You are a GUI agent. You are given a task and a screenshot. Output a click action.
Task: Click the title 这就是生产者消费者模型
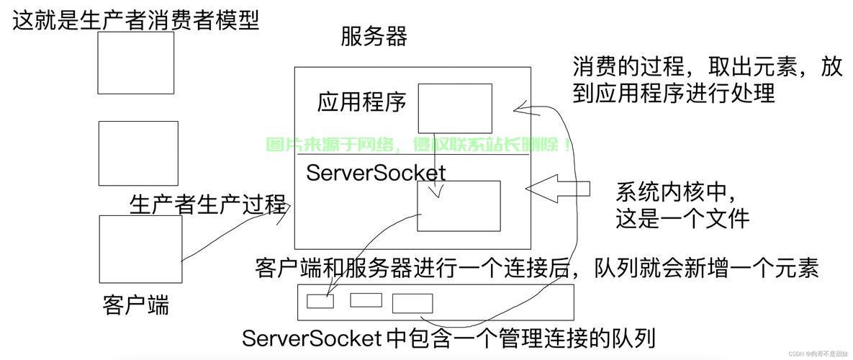135,19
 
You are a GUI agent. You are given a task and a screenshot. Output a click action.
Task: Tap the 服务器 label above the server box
374,36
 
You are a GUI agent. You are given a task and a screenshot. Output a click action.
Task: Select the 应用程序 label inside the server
361,102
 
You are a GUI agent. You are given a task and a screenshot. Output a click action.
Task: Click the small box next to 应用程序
455,108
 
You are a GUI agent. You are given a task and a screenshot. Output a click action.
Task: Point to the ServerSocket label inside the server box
376,173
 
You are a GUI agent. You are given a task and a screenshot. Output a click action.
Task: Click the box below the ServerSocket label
459,206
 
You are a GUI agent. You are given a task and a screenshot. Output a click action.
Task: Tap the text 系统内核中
675,192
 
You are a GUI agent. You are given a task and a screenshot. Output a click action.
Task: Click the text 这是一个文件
682,218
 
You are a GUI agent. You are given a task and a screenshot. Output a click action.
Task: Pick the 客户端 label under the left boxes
136,305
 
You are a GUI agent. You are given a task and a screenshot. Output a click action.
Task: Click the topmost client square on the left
135,63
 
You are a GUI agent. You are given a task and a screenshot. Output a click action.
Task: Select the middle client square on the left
137,153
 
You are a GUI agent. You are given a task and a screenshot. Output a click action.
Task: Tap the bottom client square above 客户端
140,249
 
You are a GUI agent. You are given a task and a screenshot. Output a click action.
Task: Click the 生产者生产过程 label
207,204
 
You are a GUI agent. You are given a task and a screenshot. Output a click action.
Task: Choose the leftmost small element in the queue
320,301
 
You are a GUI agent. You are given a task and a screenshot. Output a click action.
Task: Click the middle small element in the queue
366,300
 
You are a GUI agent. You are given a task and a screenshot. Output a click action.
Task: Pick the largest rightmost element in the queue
412,303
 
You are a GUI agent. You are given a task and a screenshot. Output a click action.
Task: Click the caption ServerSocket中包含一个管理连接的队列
448,338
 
